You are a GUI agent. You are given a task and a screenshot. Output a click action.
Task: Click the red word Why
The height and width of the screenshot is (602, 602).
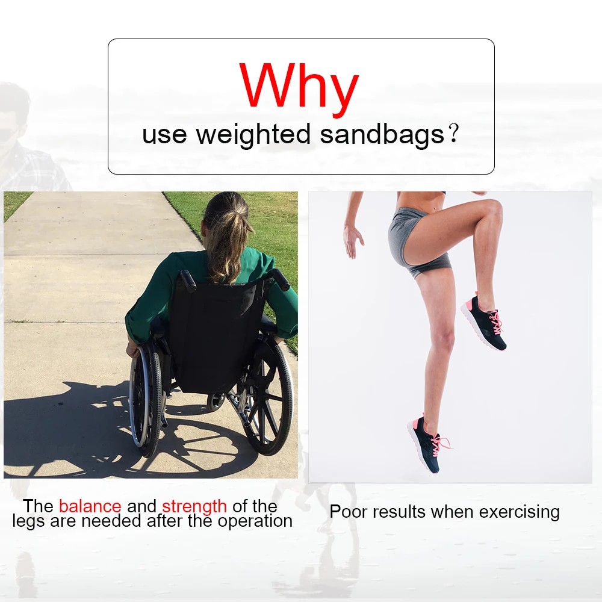pos(299,89)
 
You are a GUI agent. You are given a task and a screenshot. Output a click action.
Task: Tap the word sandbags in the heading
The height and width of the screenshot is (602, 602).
pos(382,134)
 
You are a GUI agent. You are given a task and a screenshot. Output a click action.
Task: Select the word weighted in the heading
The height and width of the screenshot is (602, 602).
pos(253,135)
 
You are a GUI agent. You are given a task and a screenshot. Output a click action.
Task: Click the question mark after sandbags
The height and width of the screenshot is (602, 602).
pos(453,134)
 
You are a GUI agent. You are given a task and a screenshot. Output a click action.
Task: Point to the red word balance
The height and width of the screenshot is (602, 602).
pos(90,506)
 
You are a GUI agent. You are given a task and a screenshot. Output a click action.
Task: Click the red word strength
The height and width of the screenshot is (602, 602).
pos(194,507)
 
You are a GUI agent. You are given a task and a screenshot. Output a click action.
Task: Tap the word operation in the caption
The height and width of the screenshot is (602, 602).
pos(255,521)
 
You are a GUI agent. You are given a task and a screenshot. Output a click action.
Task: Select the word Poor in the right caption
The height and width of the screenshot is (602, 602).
pos(346,512)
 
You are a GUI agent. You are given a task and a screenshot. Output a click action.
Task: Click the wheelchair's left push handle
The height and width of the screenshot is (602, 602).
pos(188,279)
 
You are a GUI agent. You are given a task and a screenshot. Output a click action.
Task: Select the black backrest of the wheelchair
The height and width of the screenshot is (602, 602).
pos(218,334)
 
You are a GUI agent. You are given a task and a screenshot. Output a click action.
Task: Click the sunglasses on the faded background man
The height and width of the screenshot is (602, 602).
pos(10,133)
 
